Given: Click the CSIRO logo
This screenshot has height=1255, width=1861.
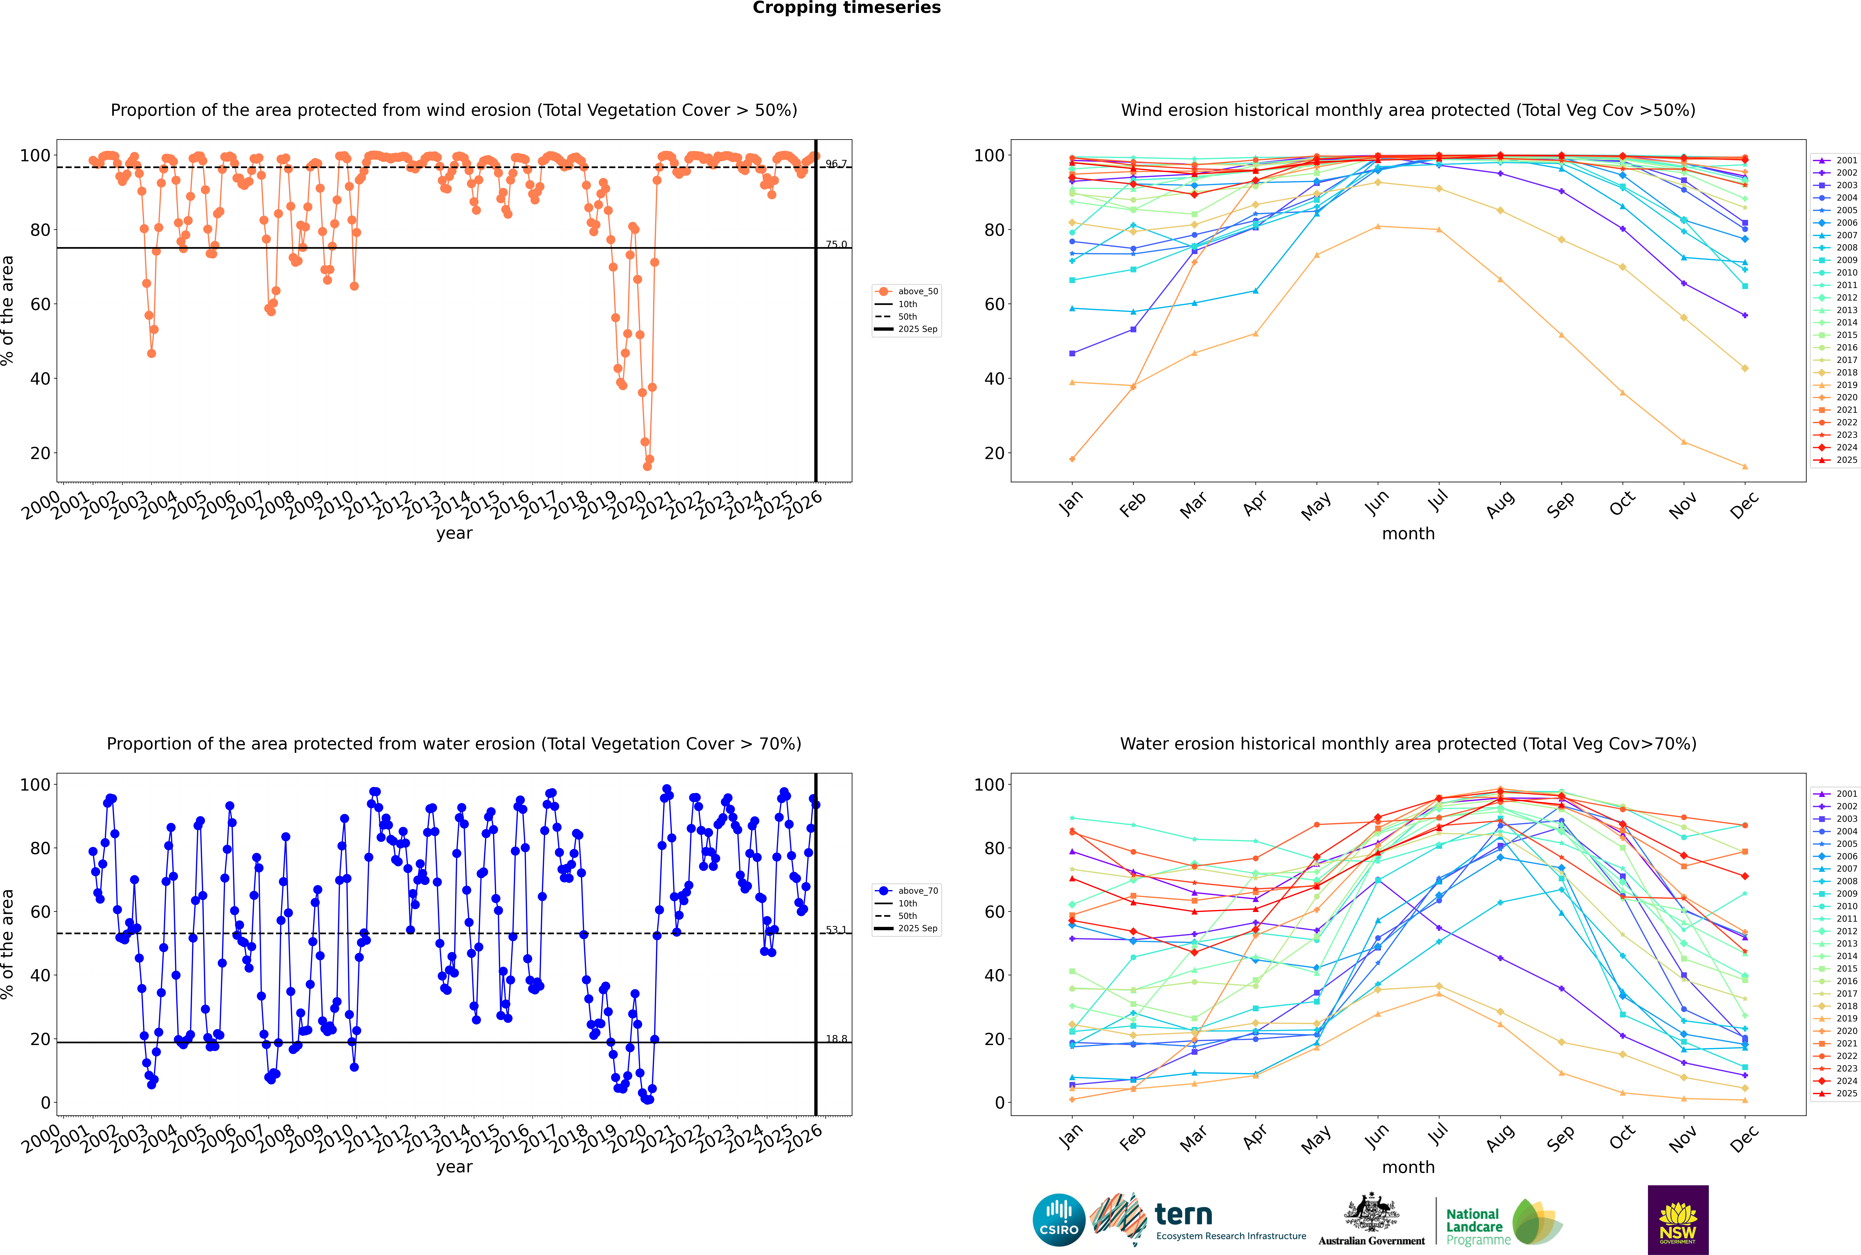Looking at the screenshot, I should pos(1058,1220).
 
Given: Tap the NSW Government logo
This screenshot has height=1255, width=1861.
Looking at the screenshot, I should pos(1678,1220).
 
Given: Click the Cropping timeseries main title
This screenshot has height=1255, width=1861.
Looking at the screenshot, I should pos(846,8).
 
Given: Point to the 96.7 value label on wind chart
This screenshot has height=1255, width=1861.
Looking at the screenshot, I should pos(836,164).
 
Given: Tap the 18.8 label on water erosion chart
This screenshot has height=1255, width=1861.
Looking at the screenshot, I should pos(836,1039).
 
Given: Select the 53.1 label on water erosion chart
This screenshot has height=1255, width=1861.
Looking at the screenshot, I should pos(836,930).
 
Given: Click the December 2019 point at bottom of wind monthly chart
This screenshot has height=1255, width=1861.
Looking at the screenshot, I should pos(1745,467).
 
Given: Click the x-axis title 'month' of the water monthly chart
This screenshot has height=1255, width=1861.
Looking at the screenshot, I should pos(1408,1167).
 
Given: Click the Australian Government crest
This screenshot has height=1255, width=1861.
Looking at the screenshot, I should pos(1371,1212).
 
